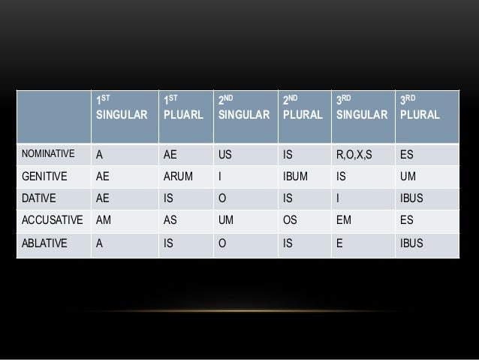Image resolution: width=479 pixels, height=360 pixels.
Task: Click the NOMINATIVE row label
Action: (x=47, y=155)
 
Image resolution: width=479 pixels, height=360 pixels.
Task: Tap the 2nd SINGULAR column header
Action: (x=243, y=109)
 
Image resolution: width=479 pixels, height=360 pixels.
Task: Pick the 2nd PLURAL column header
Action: (x=303, y=109)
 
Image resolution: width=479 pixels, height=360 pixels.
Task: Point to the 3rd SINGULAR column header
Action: (x=363, y=109)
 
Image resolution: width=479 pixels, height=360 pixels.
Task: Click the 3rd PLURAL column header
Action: (x=420, y=109)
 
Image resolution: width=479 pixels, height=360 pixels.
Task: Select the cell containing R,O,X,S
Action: (x=355, y=155)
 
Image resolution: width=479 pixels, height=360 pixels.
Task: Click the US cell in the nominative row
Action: (x=225, y=155)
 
